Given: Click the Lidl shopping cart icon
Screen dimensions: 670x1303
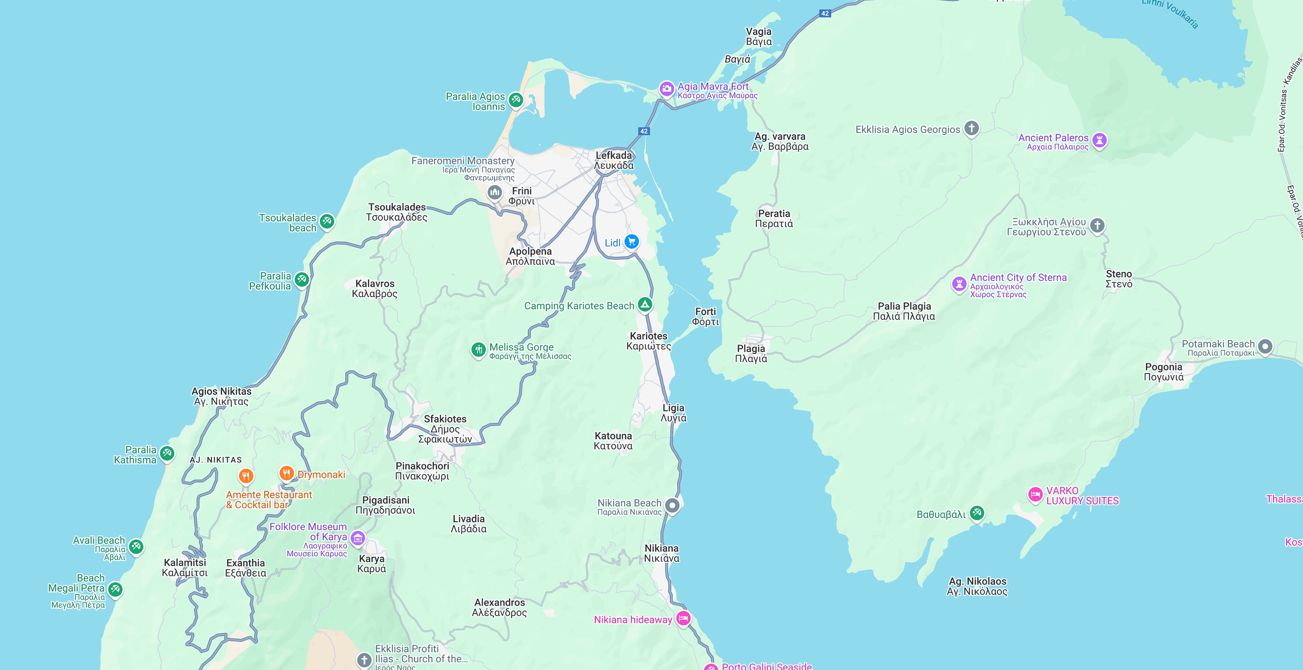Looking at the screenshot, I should click(x=631, y=242).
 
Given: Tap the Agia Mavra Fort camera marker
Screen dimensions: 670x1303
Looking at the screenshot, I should click(x=667, y=89).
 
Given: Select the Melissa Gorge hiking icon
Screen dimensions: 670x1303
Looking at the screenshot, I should click(x=478, y=349).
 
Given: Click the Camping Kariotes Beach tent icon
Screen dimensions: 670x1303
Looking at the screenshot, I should click(x=644, y=304).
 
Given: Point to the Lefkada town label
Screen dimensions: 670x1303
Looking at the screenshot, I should click(x=614, y=160).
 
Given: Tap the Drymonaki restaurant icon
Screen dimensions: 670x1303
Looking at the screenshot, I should click(x=286, y=473).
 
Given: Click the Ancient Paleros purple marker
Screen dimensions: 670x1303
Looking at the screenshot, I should click(x=1099, y=140).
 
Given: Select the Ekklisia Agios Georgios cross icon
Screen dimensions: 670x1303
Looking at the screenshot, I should click(x=971, y=128).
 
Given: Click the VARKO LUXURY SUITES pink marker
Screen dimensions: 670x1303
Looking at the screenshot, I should click(x=1035, y=494).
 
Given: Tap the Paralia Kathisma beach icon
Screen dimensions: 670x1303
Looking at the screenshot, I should click(x=167, y=453).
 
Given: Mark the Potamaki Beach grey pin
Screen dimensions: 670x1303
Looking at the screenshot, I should click(x=1265, y=346).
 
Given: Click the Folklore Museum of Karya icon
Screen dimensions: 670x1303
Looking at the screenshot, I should click(x=357, y=538).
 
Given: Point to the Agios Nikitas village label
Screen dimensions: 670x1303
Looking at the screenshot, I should click(x=221, y=396).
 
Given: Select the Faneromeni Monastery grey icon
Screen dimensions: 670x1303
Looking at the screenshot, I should click(x=494, y=192).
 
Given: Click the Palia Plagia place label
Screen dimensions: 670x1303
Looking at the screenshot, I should click(x=904, y=311).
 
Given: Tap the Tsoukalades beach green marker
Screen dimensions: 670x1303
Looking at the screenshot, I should click(x=327, y=221).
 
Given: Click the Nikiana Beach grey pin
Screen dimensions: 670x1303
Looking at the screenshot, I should click(x=672, y=505).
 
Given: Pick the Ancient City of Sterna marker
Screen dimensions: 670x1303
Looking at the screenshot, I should click(x=959, y=284).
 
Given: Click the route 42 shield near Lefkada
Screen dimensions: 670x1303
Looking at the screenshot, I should click(x=643, y=131).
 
